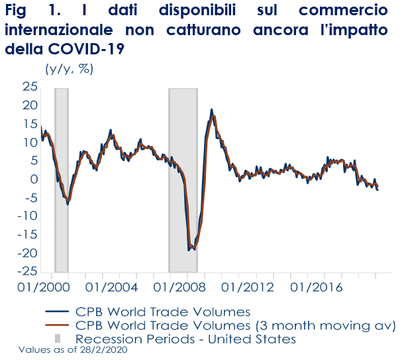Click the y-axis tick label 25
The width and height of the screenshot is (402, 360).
pos(28,87)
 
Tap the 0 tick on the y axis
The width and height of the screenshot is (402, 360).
pos(32,180)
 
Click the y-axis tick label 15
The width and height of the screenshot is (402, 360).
pos(28,124)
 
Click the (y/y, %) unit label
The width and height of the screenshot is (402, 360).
pos(68,68)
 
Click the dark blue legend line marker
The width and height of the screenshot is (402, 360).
pos(58,312)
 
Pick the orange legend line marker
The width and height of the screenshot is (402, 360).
pos(58,325)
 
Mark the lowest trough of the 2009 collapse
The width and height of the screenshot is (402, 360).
pos(190,250)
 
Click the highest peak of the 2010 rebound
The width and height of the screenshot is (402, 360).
pos(211,109)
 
